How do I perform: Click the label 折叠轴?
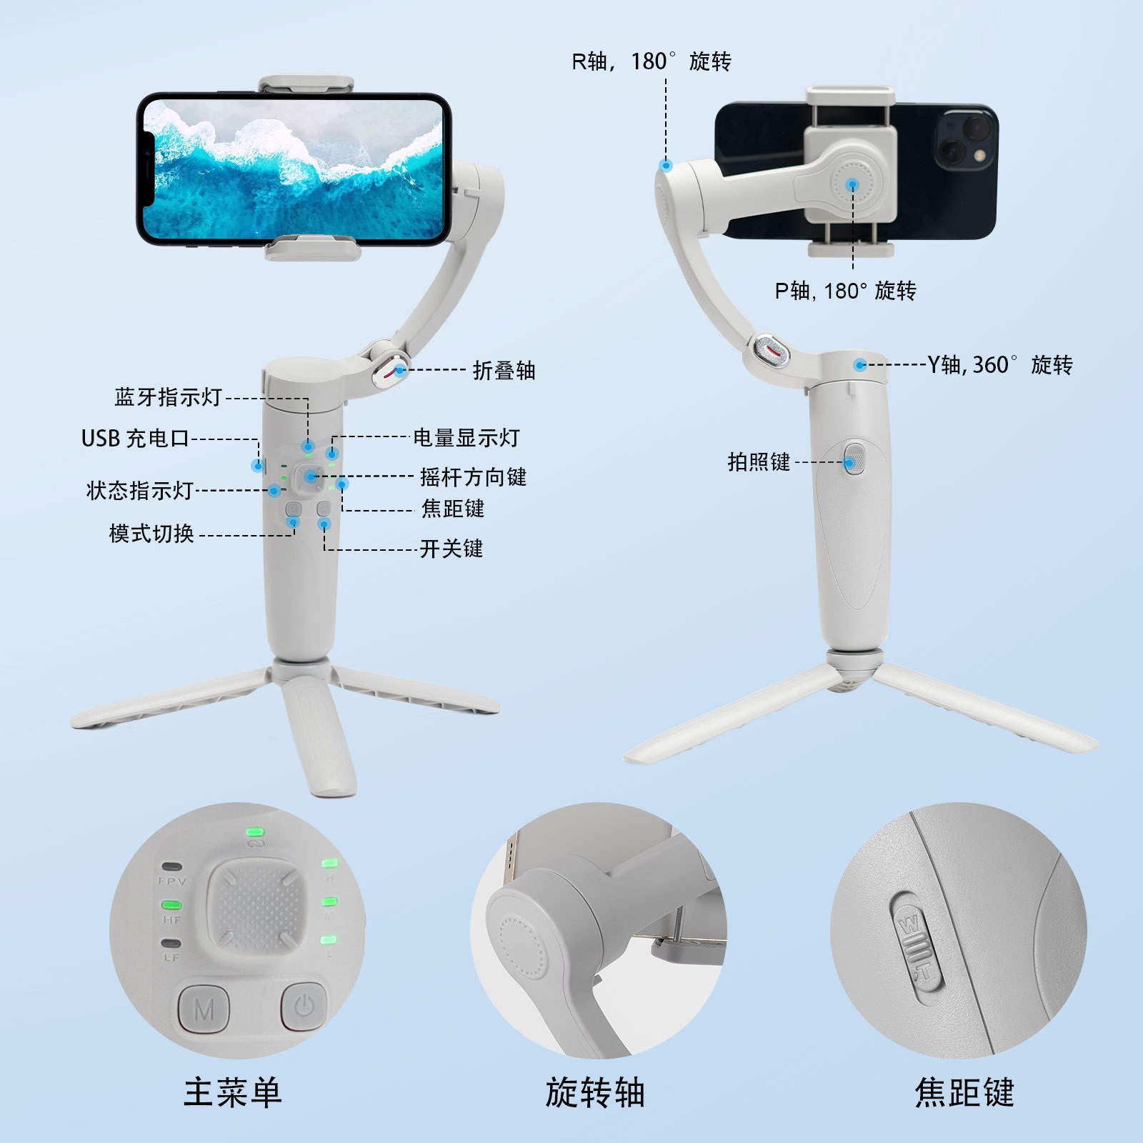(x=504, y=370)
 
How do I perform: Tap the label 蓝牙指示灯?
(x=169, y=397)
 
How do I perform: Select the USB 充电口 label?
(x=135, y=438)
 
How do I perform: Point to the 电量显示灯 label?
(x=466, y=438)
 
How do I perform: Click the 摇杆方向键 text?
(x=473, y=476)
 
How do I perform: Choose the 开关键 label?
(x=451, y=549)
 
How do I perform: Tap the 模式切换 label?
(x=151, y=534)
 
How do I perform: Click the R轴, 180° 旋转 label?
(x=651, y=61)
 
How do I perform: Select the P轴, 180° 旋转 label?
(x=845, y=291)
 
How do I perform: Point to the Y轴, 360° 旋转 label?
(x=1000, y=365)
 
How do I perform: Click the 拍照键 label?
(x=759, y=462)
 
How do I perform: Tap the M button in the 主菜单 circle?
(x=204, y=1009)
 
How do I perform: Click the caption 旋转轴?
(x=595, y=1092)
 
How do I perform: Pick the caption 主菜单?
(x=233, y=1092)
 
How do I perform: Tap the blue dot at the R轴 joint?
(x=666, y=166)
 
